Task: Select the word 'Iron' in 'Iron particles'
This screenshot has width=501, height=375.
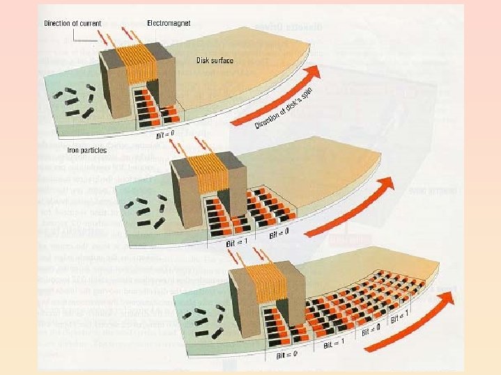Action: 73,148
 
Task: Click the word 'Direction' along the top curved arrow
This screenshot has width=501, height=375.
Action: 268,120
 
